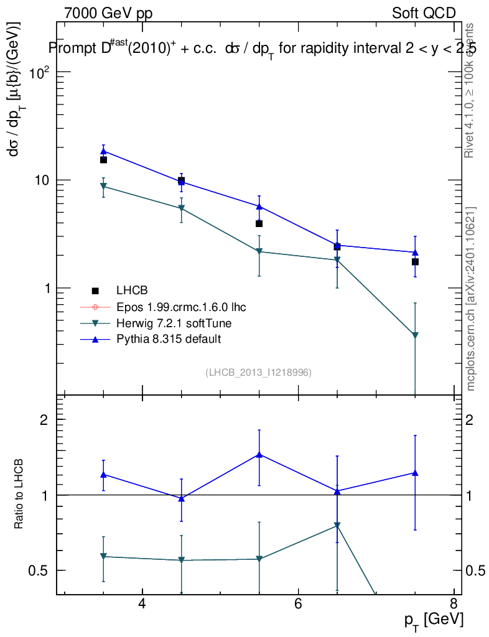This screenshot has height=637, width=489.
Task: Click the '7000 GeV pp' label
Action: tap(108, 13)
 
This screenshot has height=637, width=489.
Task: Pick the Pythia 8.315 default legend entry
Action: tap(169, 339)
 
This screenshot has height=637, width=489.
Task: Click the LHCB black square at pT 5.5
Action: tap(259, 223)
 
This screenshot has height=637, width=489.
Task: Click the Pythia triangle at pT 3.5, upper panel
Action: tap(104, 151)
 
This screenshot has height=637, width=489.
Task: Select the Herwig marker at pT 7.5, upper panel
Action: tap(415, 336)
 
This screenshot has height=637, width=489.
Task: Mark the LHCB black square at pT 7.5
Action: tap(415, 262)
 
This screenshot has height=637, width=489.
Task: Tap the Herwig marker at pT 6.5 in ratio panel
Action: tap(337, 526)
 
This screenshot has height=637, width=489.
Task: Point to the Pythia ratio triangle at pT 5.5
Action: tap(259, 454)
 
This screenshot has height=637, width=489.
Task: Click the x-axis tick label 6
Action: tap(298, 604)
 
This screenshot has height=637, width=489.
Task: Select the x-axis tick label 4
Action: tap(142, 604)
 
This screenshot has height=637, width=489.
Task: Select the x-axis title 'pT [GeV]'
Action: tap(434, 620)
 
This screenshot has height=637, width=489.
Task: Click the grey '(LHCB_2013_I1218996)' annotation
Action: tap(258, 372)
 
